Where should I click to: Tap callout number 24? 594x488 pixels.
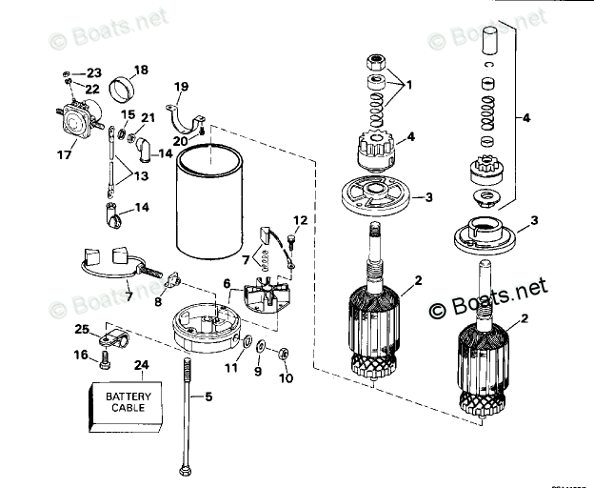(x=141, y=364)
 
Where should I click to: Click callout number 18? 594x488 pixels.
(x=141, y=70)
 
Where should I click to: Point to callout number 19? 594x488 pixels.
(x=182, y=87)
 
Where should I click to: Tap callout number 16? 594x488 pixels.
(x=81, y=356)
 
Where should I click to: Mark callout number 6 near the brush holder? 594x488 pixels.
(x=227, y=283)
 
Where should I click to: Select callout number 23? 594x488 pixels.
(x=93, y=72)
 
